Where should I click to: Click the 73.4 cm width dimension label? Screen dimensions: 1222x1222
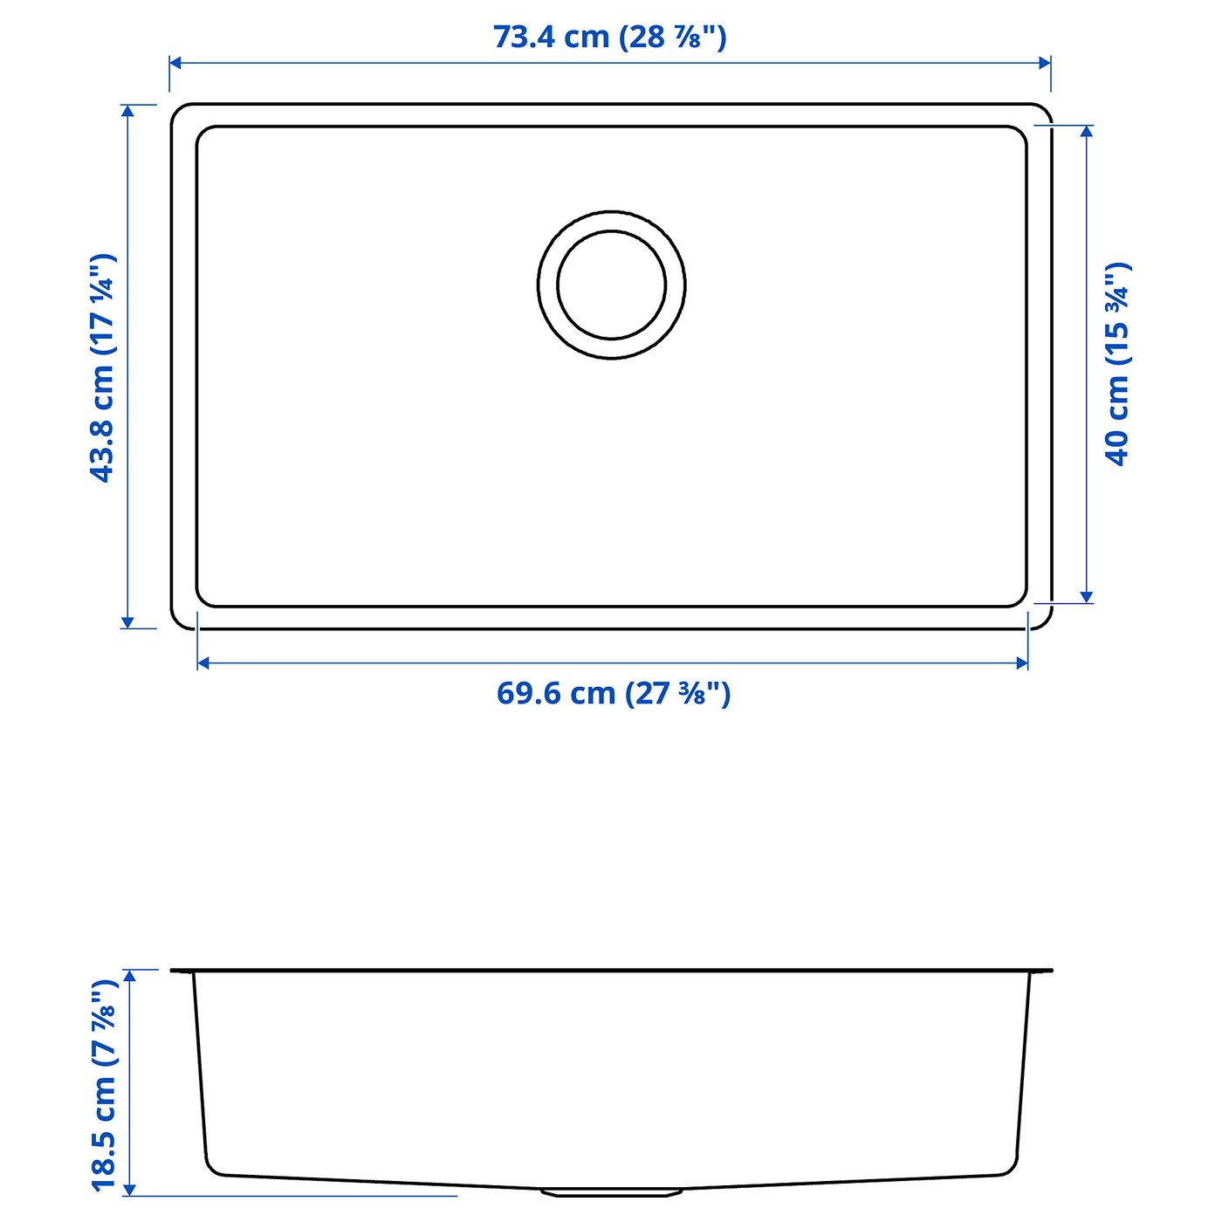pyautogui.click(x=609, y=38)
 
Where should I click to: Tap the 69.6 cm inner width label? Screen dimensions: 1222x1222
pyautogui.click(x=614, y=693)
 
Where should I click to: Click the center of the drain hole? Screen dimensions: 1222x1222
pyautogui.click(x=611, y=285)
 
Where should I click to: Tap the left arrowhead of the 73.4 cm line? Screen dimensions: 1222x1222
pyautogui.click(x=176, y=63)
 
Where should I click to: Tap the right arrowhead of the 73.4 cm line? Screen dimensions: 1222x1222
pyautogui.click(x=1045, y=63)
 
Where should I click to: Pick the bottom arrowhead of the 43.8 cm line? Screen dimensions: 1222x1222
pyautogui.click(x=128, y=622)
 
